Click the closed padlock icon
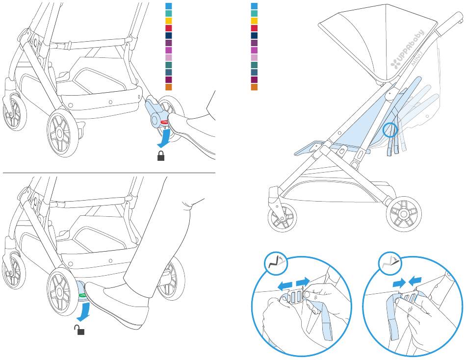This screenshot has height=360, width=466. (x=160, y=157)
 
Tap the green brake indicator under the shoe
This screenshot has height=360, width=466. (x=82, y=295)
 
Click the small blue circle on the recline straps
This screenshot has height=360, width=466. (x=390, y=130)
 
